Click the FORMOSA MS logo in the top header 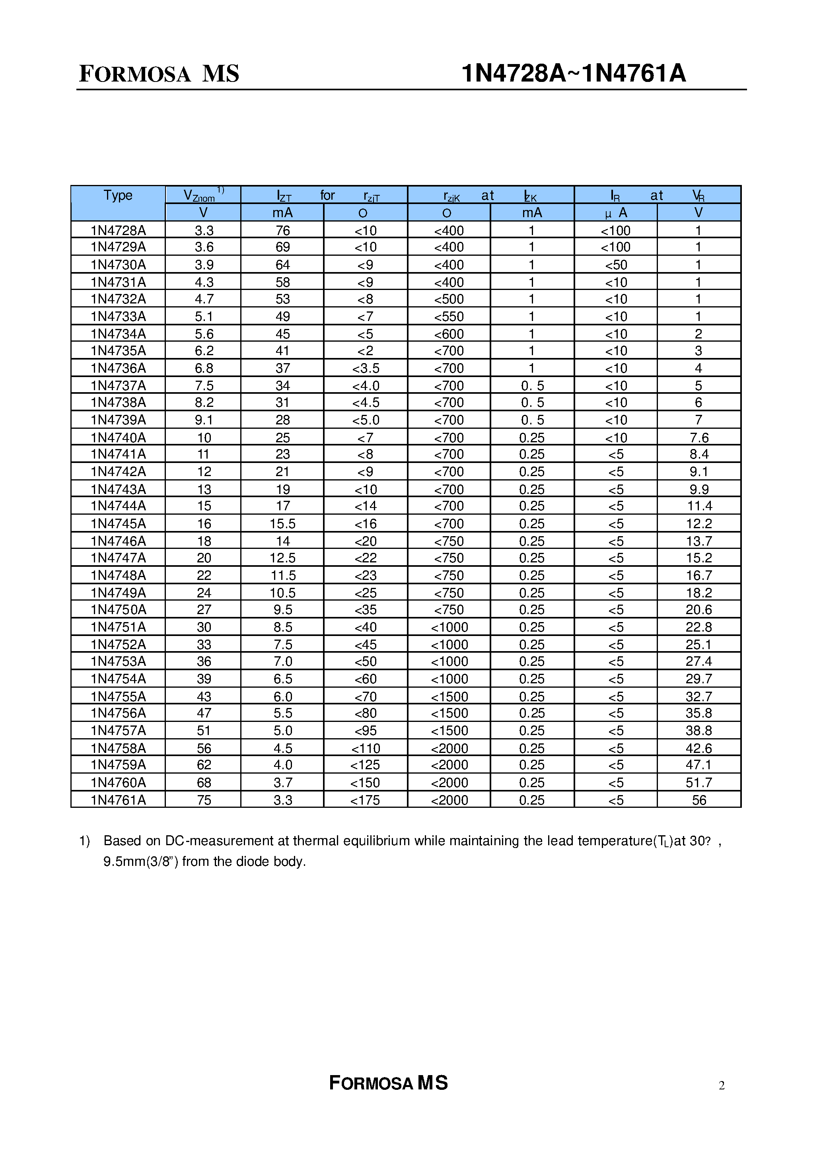tap(159, 74)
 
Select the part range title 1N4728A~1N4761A tap(573, 74)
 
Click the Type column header tap(118, 196)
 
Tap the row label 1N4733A tap(118, 317)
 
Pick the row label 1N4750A tap(118, 610)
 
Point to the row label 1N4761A tap(118, 800)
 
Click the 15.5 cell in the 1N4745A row tap(282, 523)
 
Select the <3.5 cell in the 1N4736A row tap(366, 368)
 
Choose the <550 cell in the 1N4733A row tap(449, 317)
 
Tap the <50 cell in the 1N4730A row tap(616, 265)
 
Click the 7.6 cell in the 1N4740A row tap(699, 438)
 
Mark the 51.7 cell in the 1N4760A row tap(699, 783)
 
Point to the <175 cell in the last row tap(366, 800)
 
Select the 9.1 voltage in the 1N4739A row tap(204, 420)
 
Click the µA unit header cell tap(616, 213)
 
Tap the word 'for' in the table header tap(327, 196)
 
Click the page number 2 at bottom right tap(722, 1085)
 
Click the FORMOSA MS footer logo tap(388, 1083)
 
